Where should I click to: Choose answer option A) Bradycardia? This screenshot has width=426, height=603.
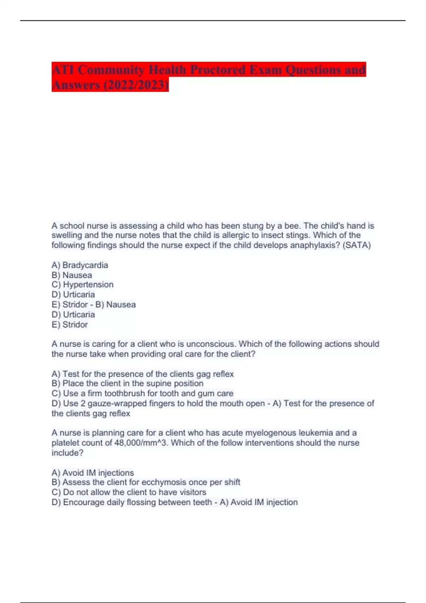(80, 265)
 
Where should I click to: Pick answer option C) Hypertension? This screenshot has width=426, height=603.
(83, 284)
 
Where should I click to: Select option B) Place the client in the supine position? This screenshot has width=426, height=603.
(127, 383)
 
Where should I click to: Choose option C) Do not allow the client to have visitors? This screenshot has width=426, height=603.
(129, 492)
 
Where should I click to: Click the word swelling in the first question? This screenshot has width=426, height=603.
(66, 235)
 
